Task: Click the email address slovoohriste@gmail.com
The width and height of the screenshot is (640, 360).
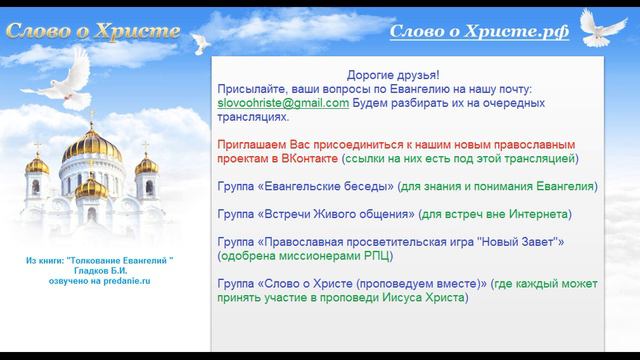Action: pyautogui.click(x=282, y=103)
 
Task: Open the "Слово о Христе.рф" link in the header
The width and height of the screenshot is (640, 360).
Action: pyautogui.click(x=479, y=31)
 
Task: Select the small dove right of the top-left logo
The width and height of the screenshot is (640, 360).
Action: pyautogui.click(x=201, y=40)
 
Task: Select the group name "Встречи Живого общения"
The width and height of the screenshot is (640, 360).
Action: pyautogui.click(x=336, y=214)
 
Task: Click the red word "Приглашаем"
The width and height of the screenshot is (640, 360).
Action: pyautogui.click(x=250, y=144)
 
